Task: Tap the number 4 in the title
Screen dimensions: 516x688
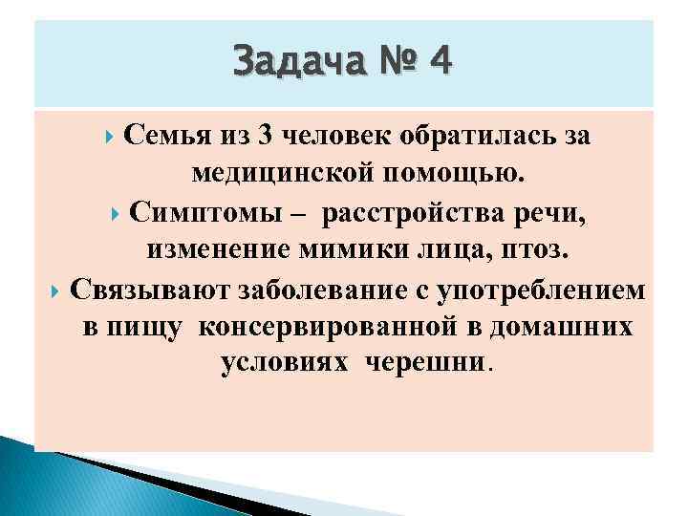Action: tap(441, 62)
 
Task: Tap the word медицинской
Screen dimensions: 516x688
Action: tap(289, 175)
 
